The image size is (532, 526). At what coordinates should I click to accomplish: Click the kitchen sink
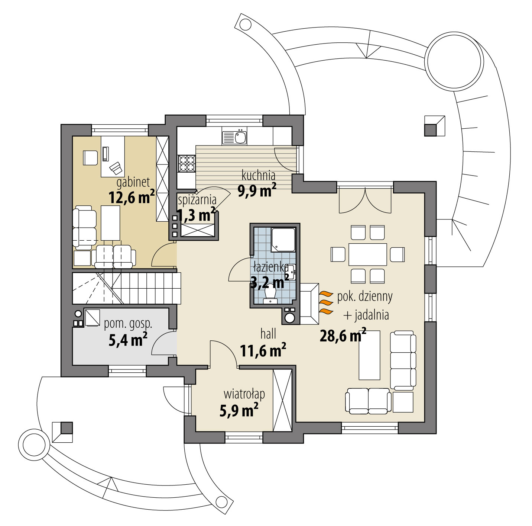coord(234,137)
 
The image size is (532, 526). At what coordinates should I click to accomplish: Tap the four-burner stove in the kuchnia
coord(187,163)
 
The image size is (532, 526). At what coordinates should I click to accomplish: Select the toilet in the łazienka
coord(270,295)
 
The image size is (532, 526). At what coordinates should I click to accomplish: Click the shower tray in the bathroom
coord(283,240)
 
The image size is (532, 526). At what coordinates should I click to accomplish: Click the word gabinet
coord(133,182)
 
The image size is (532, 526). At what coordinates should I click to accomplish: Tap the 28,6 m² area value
coord(343,335)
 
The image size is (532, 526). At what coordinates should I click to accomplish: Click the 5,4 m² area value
coord(128,340)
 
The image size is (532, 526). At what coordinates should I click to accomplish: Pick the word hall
coord(268,334)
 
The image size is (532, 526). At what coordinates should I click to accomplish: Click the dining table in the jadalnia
coord(368,254)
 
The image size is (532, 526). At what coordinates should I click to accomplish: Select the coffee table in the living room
coord(370,355)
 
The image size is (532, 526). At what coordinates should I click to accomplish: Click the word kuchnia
coord(259,175)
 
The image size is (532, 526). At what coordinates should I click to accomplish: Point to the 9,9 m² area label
coord(257,190)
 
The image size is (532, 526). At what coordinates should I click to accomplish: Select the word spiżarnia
coord(197,200)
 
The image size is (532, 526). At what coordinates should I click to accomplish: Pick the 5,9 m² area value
coord(239,410)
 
